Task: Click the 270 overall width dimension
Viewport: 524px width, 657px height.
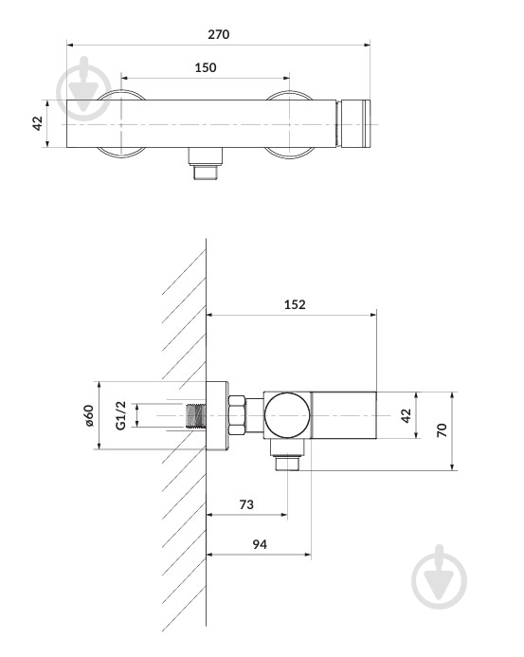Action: [218, 34]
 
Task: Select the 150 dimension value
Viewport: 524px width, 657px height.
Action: [206, 67]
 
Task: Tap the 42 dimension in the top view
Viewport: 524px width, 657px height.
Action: [38, 123]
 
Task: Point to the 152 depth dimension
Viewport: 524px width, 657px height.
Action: [295, 304]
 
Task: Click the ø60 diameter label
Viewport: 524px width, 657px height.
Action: [88, 415]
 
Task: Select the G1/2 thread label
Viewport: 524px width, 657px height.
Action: [120, 415]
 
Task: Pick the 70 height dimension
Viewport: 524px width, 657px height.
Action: [442, 430]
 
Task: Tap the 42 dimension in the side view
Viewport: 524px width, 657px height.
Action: [406, 415]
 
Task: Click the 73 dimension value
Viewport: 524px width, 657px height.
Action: [246, 504]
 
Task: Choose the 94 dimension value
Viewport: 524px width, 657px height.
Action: [260, 544]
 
